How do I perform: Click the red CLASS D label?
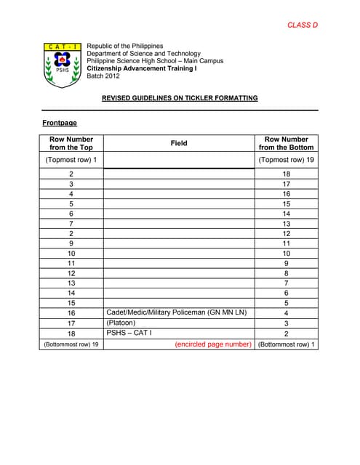303,25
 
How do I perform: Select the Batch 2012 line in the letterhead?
103,76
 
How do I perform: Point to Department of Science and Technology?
143,54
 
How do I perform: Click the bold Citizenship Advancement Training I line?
142,68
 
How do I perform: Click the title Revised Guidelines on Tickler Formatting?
179,98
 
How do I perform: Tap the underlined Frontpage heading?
60,124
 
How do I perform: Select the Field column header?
179,143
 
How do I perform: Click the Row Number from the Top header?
71,143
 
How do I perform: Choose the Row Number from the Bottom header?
287,143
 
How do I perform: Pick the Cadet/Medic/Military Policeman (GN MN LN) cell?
177,312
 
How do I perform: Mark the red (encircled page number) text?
213,344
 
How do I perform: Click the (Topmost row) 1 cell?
71,160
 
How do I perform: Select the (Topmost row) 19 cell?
287,160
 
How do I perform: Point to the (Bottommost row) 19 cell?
71,344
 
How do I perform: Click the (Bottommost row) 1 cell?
287,344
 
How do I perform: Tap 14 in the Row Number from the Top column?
71,292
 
